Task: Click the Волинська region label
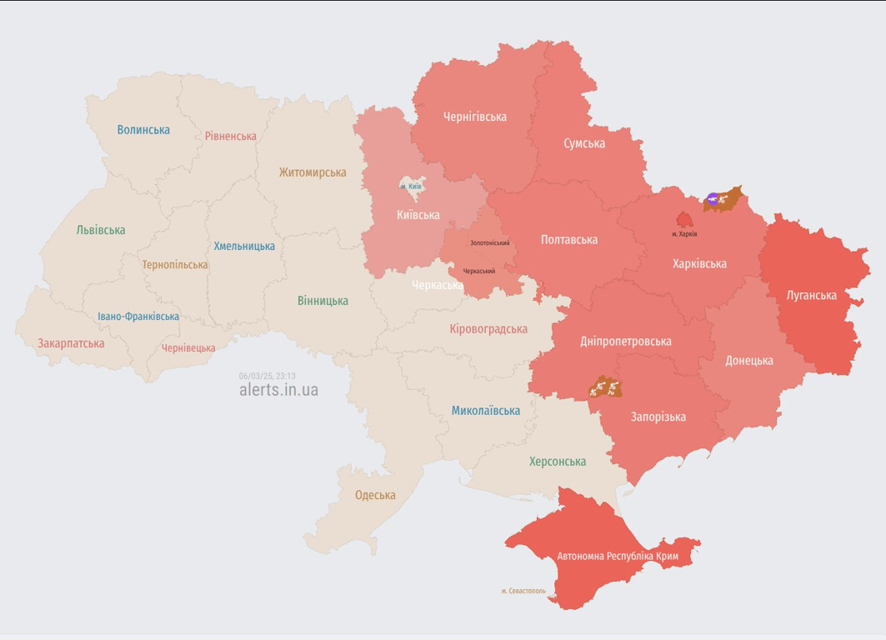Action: [x=143, y=130]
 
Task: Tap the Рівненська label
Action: [x=231, y=136]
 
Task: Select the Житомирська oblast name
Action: [x=313, y=172]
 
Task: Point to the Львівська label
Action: [x=100, y=230]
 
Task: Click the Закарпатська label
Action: [x=71, y=343]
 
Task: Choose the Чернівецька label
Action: [x=188, y=348]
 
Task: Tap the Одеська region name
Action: [x=375, y=495]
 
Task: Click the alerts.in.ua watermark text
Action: [x=278, y=390]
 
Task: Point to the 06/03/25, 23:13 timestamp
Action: [x=267, y=376]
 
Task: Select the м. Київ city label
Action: [x=411, y=186]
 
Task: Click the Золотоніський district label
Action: [x=489, y=243]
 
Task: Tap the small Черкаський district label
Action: [x=479, y=271]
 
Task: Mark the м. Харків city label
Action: [x=684, y=234]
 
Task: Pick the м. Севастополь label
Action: [x=523, y=591]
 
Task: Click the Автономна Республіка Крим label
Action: [x=618, y=556]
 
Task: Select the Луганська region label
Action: [x=812, y=295]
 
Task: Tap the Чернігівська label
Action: [x=475, y=117]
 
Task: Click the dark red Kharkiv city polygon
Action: [x=684, y=220]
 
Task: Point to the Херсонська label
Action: [x=557, y=462]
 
